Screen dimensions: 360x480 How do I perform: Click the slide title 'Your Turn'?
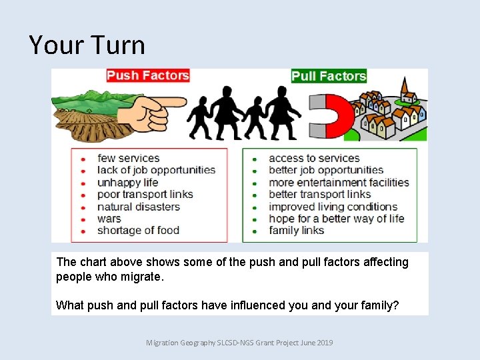pos(87,45)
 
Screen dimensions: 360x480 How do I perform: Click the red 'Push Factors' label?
pos(148,75)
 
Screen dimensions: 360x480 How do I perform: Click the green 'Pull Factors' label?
pos(329,76)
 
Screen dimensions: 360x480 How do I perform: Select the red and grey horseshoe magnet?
pos(331,117)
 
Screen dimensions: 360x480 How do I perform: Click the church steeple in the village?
pos(405,89)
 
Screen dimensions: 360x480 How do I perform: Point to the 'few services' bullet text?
pos(128,158)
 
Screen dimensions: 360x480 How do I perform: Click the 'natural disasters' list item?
pos(138,206)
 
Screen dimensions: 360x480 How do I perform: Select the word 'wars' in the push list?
pos(109,218)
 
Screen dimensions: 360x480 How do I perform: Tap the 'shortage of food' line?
pos(138,230)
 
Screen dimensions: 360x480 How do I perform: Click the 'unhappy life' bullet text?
pos(127,182)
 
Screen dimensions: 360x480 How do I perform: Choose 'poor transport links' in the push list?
pos(145,194)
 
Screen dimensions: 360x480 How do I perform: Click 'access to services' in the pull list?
pos(314,158)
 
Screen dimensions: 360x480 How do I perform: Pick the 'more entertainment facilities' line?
pos(339,182)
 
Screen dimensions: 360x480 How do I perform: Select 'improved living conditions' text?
pos(333,206)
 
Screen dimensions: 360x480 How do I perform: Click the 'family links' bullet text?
pos(296,230)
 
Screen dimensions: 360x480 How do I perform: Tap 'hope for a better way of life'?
pos(336,218)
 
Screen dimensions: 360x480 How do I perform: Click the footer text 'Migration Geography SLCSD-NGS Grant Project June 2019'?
pos(239,343)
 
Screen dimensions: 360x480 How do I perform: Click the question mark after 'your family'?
pos(396,305)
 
